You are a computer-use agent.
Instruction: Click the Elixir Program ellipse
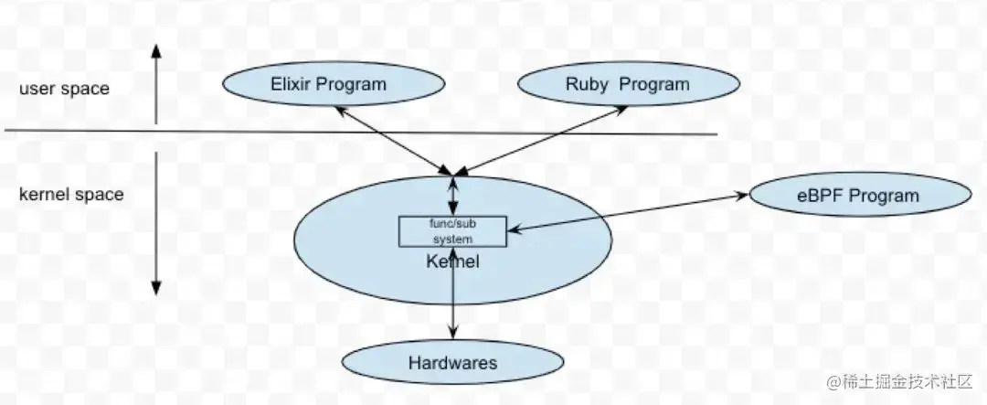tap(334, 84)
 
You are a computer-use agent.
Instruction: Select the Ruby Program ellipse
tap(628, 84)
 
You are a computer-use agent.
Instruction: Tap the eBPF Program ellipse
tap(860, 195)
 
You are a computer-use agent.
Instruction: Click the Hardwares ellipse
tap(452, 362)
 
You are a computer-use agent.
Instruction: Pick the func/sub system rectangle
tap(452, 231)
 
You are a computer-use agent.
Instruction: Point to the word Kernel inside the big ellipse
tap(452, 261)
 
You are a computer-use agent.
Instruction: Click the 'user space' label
tap(64, 88)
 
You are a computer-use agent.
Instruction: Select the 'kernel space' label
tap(71, 195)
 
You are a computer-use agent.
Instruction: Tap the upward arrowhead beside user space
tap(156, 50)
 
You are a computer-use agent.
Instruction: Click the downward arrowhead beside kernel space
tap(156, 288)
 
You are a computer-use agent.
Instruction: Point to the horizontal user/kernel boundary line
tap(361, 133)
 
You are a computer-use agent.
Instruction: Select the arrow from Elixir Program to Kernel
tap(393, 140)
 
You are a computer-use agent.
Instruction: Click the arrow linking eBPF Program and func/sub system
tap(628, 213)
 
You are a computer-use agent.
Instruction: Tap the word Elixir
tap(292, 84)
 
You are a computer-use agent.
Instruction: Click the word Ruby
tap(582, 84)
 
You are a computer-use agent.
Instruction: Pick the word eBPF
tap(820, 196)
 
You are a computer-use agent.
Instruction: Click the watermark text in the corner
tap(900, 381)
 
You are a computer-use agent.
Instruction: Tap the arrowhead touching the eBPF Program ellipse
tap(741, 196)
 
